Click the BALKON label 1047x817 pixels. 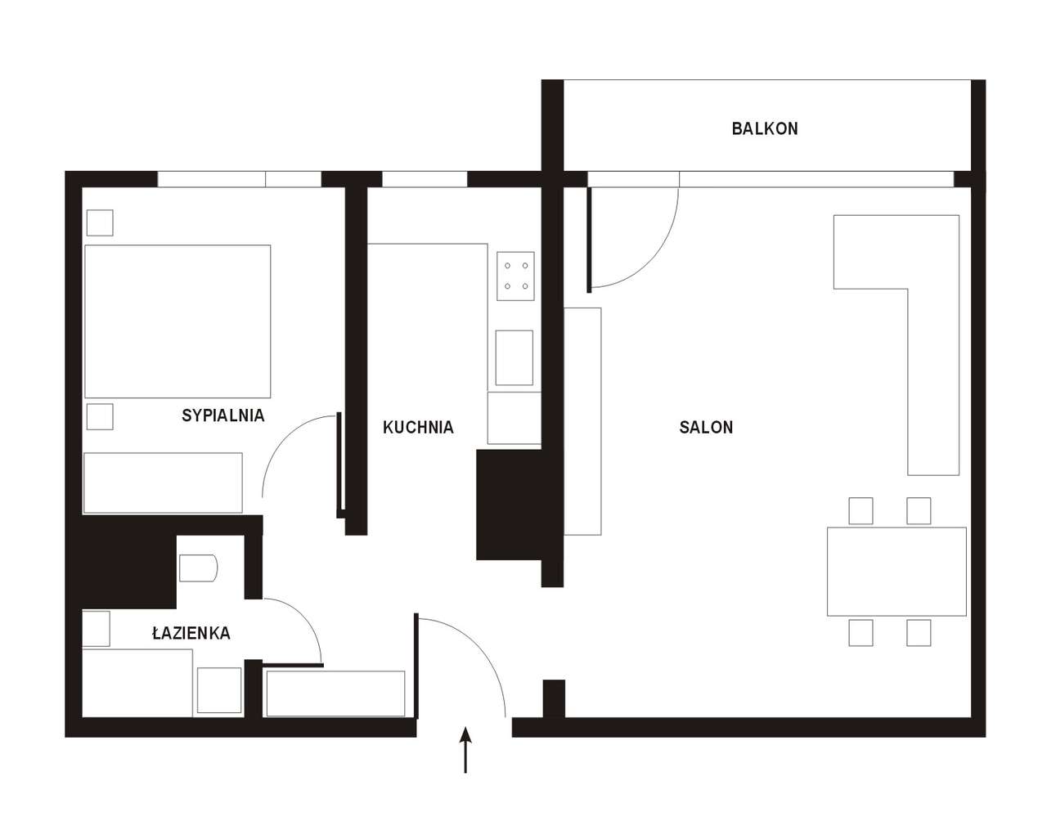point(765,128)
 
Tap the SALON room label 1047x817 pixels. point(706,427)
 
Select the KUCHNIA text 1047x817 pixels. point(418,427)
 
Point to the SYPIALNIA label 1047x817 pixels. point(223,415)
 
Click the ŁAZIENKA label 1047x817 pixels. point(191,632)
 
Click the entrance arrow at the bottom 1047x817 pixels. point(465,750)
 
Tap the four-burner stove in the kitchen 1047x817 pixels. point(515,276)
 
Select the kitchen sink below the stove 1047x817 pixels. point(515,357)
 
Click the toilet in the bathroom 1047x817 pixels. point(199,568)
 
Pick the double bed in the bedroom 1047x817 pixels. point(177,321)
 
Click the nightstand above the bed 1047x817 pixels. point(100,222)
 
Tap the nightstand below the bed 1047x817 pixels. point(100,417)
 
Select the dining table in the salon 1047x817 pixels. point(896,572)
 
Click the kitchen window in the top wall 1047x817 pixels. point(425,179)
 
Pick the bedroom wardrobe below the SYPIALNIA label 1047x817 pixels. point(163,483)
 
